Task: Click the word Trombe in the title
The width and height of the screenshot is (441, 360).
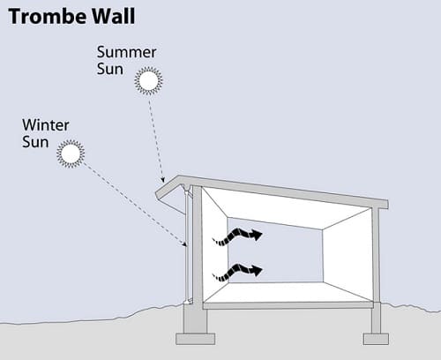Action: (43, 17)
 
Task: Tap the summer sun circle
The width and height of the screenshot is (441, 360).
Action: (148, 81)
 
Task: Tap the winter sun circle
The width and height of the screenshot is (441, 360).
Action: (71, 154)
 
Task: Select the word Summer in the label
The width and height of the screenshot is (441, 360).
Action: (126, 52)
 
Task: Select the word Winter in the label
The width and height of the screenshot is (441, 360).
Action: (46, 125)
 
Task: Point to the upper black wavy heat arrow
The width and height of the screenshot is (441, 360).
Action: (237, 236)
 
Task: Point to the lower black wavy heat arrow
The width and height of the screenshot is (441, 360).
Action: (237, 272)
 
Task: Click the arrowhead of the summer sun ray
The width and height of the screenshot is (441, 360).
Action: (162, 179)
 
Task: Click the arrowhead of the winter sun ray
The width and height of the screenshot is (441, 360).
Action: (184, 244)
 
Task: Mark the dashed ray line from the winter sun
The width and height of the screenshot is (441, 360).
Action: (134, 204)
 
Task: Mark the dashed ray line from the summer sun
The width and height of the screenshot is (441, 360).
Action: (156, 140)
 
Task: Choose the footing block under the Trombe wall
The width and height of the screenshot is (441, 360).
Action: (196, 339)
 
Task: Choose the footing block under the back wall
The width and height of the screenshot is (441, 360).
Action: (376, 339)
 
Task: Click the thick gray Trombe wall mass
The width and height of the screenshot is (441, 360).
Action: (198, 246)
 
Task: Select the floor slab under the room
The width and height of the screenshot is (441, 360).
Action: (288, 305)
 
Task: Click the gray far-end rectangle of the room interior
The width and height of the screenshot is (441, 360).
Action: (275, 250)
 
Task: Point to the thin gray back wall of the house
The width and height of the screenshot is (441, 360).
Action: (376, 255)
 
